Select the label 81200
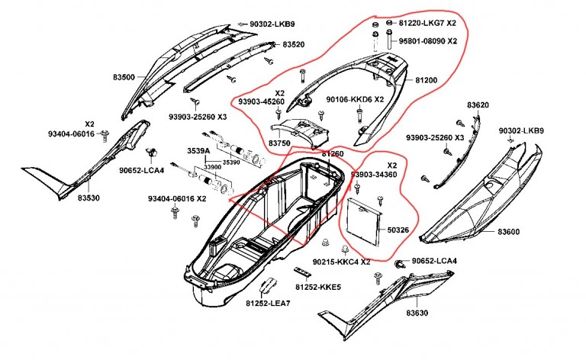(x=427, y=79)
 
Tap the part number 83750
(x=280, y=143)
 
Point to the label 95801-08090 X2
(x=428, y=40)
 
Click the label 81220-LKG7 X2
(x=428, y=24)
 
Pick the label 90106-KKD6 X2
(x=355, y=99)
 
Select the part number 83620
(x=478, y=104)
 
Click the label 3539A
(x=198, y=151)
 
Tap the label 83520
(x=294, y=45)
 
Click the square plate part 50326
(x=363, y=221)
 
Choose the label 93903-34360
(x=374, y=175)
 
